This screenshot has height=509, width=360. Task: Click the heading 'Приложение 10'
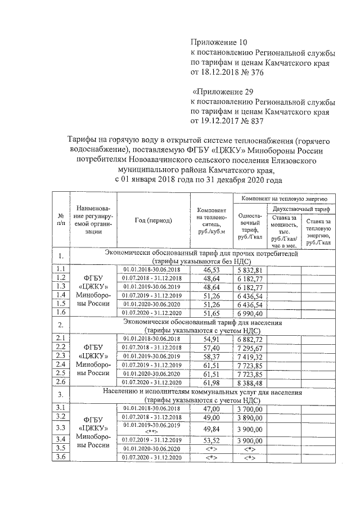tap(219, 42)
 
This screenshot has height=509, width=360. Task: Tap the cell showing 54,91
tap(211, 339)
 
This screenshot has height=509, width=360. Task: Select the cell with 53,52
tap(211, 439)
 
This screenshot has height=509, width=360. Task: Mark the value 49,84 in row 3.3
tap(211, 429)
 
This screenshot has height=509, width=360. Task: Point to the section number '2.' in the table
tap(61, 326)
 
